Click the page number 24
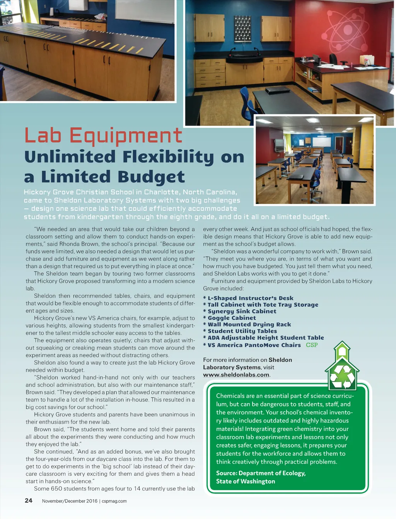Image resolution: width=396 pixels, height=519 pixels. coord(29,500)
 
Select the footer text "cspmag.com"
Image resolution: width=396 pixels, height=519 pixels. coord(114,501)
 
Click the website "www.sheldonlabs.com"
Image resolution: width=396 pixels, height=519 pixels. coord(236,375)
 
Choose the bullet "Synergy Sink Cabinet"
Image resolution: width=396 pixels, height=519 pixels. coord(242,311)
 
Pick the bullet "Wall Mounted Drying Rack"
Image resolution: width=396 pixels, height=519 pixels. coord(249,324)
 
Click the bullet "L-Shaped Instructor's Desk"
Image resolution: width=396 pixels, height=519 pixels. coord(250,298)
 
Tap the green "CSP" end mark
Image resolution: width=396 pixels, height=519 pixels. coord(312,345)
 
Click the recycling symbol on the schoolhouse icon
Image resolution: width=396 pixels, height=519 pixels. coord(342,376)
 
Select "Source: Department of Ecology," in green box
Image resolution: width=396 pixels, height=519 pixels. coord(261,473)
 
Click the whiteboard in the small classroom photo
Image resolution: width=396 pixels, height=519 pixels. coord(321,142)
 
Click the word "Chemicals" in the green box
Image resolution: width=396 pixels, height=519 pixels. coord(230,396)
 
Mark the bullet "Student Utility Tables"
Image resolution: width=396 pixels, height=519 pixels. coord(242,331)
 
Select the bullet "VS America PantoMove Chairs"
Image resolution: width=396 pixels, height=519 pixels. coord(254,345)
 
